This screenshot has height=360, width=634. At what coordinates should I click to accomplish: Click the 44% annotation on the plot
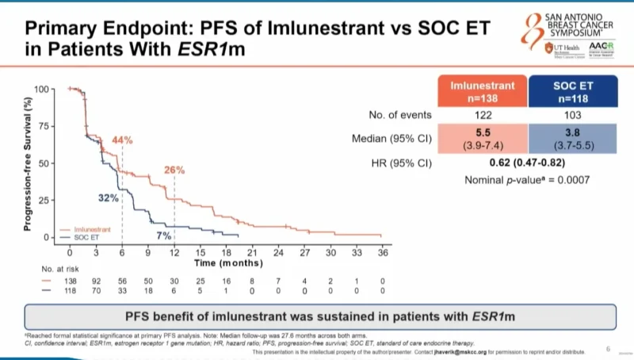[x=122, y=140]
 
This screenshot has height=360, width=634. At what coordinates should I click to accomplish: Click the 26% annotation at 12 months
[x=174, y=170]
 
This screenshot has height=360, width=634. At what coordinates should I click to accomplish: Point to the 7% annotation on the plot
[x=164, y=236]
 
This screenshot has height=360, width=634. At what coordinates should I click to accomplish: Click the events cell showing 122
[x=483, y=115]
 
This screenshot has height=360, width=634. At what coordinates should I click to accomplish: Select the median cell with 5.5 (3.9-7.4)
[x=483, y=139]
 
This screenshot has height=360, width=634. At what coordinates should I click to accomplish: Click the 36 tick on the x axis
[x=382, y=252]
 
